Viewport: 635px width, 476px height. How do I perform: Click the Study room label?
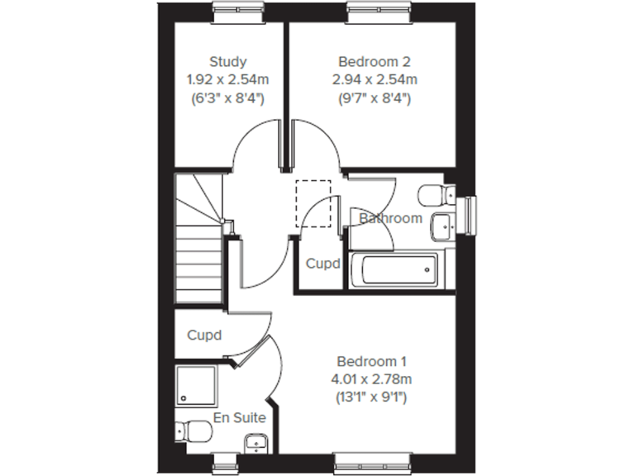coord(227,61)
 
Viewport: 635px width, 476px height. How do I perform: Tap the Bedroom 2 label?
coord(375,61)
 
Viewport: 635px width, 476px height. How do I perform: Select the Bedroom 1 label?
coord(372,361)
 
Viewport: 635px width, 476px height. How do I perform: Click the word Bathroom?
coord(390,219)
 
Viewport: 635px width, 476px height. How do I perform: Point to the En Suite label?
coord(240,418)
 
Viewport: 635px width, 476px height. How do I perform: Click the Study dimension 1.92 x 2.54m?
coord(227,80)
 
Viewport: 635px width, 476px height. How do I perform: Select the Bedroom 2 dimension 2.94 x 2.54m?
coord(375,80)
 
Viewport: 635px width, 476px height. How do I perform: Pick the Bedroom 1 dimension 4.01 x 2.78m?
coord(372,379)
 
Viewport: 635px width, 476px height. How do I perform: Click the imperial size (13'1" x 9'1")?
coord(372,397)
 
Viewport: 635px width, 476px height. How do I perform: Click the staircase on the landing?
coord(198,248)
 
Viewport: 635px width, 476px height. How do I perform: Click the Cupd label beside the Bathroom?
coord(323,264)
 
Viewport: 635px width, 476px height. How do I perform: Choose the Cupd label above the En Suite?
coord(204,336)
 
